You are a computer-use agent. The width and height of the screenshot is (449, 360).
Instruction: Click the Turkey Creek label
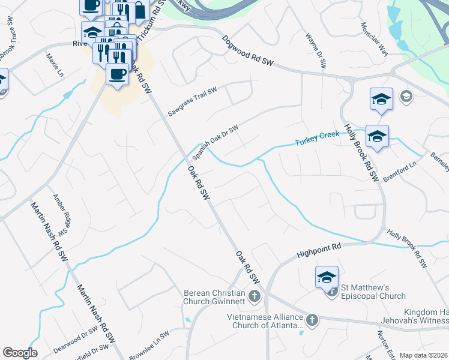[x=317, y=139]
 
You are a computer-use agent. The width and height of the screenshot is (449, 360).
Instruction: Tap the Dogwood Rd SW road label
[x=248, y=53]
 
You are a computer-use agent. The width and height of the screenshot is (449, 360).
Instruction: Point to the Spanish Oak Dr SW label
[x=215, y=142]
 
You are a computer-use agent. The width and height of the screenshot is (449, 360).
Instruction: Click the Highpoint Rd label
[x=319, y=250]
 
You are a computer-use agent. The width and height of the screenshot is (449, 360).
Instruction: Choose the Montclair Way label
[x=375, y=38]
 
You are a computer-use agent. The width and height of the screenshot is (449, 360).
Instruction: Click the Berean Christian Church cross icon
[x=255, y=296]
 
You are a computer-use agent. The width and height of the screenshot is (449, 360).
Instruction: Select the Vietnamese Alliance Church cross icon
[x=312, y=320]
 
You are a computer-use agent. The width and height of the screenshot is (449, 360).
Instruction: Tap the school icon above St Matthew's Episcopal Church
[x=327, y=277]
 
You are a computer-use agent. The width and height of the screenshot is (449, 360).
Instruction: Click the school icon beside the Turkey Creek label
[x=377, y=136]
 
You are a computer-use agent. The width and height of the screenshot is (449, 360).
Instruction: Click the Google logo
[x=20, y=353]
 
